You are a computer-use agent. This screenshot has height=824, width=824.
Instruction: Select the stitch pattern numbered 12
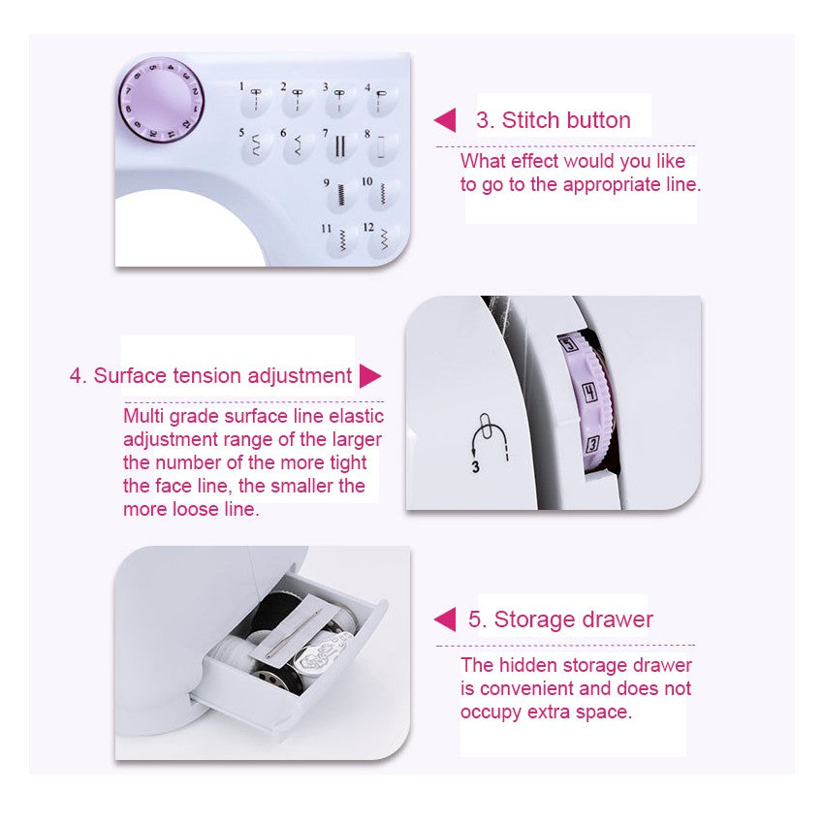tap(383, 238)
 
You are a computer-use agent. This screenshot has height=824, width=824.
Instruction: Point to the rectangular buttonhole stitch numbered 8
tap(382, 146)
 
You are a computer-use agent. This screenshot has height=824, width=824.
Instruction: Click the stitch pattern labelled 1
tap(257, 98)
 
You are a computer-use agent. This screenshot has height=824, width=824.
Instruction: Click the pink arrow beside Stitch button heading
tap(445, 120)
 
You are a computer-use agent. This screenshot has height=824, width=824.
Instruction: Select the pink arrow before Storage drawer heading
tap(445, 619)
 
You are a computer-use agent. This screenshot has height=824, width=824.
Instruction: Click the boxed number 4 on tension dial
tap(587, 393)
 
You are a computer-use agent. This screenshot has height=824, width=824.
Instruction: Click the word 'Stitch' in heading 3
tap(531, 120)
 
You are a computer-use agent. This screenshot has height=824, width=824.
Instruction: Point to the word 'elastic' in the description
tap(355, 417)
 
